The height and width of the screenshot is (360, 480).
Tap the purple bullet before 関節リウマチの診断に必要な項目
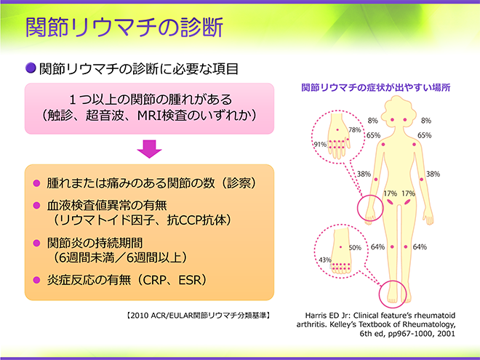click(x=31, y=68)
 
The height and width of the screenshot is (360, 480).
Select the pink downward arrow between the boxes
click(x=149, y=149)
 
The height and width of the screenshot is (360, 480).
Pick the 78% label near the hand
click(x=355, y=130)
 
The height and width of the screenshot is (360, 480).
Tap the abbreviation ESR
click(x=191, y=279)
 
